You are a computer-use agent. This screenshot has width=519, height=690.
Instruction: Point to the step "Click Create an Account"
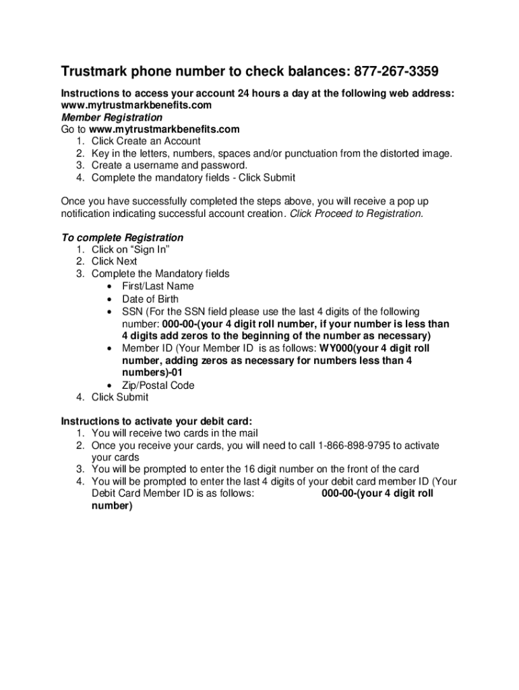[x=146, y=142]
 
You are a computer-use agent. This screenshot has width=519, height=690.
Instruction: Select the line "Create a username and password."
[x=169, y=166]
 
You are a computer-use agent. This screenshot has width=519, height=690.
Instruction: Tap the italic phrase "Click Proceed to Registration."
[x=357, y=214]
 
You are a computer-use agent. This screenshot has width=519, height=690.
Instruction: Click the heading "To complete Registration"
[x=122, y=238]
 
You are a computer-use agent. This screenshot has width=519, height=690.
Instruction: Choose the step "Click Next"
[x=114, y=261]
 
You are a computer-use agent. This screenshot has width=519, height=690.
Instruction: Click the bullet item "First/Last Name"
[x=158, y=286]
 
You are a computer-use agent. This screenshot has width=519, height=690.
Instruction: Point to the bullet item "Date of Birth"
[x=150, y=299]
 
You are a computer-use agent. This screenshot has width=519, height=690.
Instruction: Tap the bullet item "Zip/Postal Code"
[x=158, y=385]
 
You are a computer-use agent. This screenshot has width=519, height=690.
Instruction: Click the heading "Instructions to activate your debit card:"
[x=156, y=421]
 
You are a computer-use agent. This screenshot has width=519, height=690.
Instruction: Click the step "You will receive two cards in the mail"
[x=175, y=433]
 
